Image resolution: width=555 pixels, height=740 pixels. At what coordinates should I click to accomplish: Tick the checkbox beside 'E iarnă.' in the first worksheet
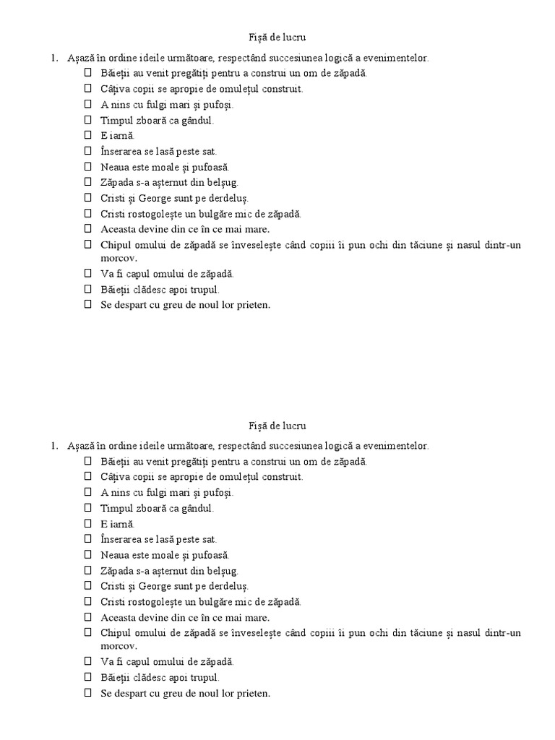[x=88, y=135]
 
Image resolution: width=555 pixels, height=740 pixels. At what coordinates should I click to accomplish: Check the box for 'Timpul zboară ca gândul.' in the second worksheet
[x=88, y=508]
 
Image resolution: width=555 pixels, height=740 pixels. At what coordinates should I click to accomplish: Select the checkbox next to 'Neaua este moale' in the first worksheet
[x=88, y=166]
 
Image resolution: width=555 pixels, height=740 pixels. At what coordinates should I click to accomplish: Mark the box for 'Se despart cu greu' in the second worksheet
[x=88, y=692]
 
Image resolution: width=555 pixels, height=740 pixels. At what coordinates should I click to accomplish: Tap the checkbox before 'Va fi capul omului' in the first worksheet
[x=88, y=274]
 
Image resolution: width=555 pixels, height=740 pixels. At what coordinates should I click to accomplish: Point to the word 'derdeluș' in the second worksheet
[x=235, y=585]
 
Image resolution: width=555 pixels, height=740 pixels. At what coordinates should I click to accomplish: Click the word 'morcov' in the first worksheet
[x=119, y=258]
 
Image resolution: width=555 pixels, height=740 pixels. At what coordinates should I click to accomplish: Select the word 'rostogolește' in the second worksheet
[x=163, y=601]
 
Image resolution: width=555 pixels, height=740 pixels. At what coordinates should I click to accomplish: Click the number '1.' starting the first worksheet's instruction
[x=55, y=58]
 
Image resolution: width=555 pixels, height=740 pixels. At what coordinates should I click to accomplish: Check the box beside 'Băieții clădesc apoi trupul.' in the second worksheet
[x=88, y=677]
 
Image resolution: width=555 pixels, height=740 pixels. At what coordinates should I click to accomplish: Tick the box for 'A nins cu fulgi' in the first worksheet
[x=88, y=104]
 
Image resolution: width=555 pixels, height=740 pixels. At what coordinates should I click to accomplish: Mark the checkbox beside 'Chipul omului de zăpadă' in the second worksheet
[x=88, y=632]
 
